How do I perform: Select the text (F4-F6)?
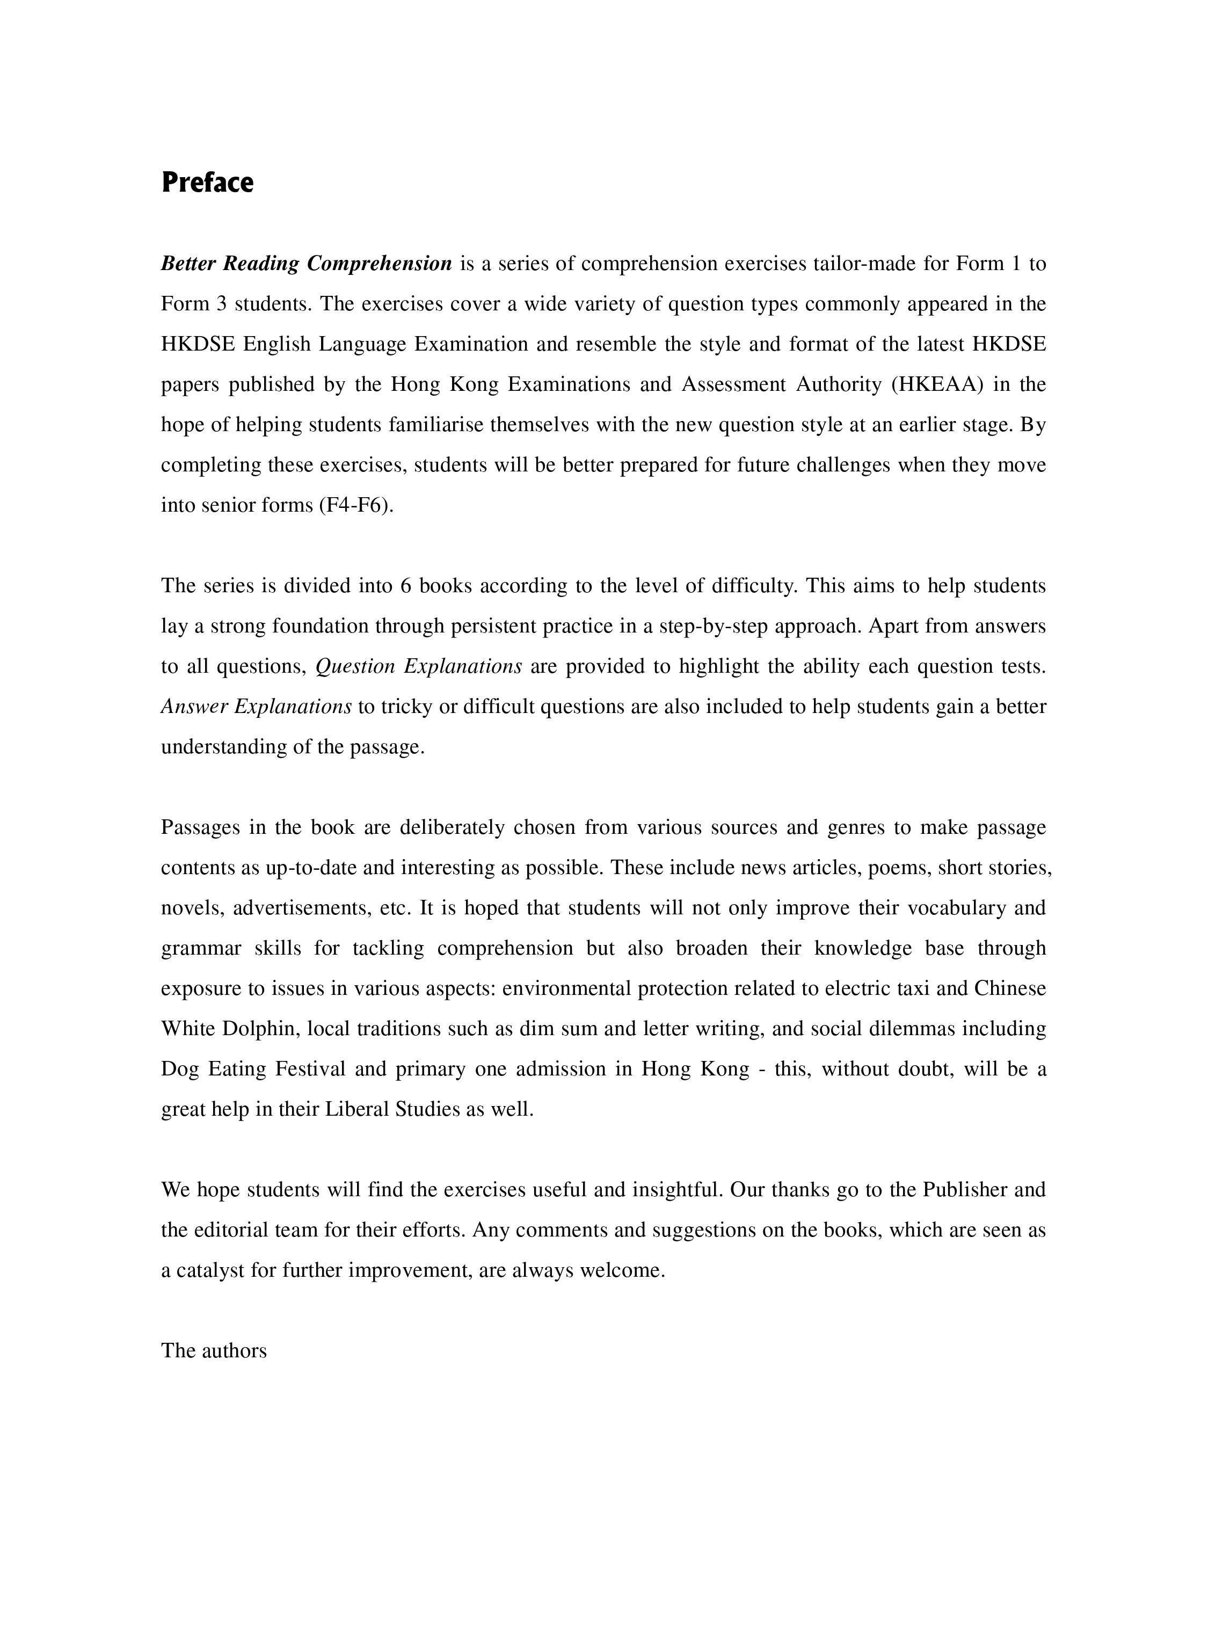(x=356, y=505)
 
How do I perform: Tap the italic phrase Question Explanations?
(x=418, y=666)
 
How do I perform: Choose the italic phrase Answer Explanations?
(x=257, y=707)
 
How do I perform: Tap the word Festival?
(x=310, y=1069)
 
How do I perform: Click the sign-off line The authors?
(x=214, y=1350)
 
